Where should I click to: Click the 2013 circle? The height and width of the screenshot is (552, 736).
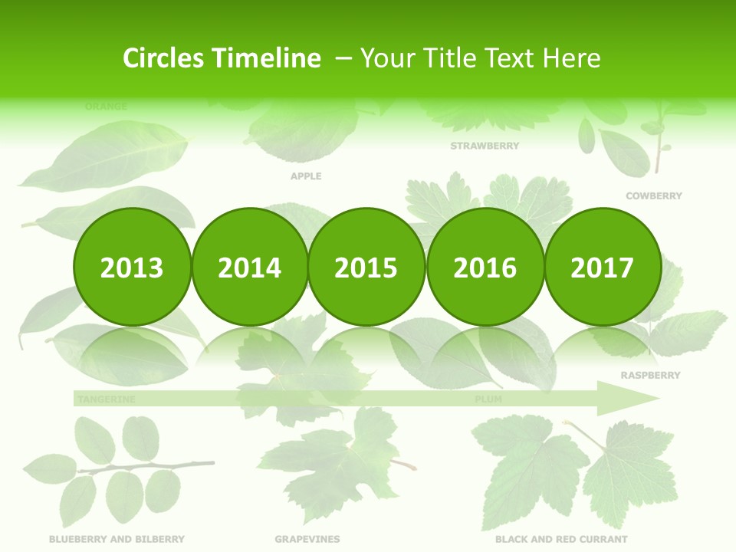click(132, 267)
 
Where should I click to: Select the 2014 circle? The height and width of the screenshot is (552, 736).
click(249, 267)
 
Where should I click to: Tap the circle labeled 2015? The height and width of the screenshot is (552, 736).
click(366, 267)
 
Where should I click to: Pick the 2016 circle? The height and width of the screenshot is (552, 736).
click(485, 267)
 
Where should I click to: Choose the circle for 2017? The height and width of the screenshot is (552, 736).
click(602, 267)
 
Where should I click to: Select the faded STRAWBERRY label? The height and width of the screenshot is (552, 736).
click(485, 146)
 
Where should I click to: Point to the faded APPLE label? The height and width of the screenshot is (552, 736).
click(306, 176)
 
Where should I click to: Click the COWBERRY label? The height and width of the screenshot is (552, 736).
click(653, 196)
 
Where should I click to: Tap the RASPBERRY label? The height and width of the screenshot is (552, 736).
click(650, 376)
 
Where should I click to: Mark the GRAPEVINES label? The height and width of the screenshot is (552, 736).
click(307, 540)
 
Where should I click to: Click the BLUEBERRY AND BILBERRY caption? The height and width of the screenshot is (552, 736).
click(117, 540)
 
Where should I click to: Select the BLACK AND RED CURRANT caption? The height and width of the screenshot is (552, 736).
click(561, 540)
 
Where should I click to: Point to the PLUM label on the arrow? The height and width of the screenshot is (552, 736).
click(488, 399)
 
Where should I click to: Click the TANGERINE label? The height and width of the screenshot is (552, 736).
click(107, 399)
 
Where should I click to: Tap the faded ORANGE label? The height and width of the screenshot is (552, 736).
click(106, 107)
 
